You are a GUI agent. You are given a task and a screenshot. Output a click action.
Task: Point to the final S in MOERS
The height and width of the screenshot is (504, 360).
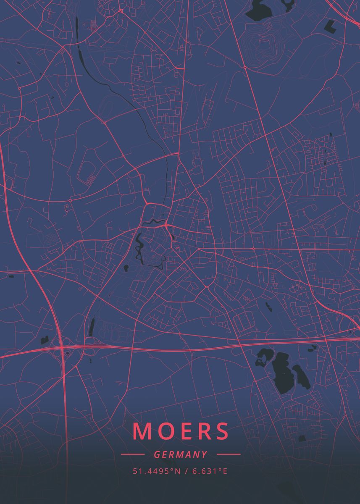221,431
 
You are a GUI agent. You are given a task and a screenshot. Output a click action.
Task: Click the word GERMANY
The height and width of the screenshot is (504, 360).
180,454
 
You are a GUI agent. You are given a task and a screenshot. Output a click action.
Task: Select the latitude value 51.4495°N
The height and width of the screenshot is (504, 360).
156,471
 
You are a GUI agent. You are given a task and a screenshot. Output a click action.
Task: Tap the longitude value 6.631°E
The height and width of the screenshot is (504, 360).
210,471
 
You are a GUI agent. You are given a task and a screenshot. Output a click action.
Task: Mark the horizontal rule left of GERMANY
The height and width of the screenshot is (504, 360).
132,454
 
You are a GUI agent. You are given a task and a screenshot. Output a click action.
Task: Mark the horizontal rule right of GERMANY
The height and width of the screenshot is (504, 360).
228,454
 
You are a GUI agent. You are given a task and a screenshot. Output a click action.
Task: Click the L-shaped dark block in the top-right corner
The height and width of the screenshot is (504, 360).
331,26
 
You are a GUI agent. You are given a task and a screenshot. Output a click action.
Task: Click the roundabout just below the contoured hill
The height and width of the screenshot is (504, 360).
244,67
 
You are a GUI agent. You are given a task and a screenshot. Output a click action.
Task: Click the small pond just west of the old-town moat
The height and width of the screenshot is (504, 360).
126,267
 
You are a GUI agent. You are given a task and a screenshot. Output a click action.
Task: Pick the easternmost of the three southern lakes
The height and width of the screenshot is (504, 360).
302,376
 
